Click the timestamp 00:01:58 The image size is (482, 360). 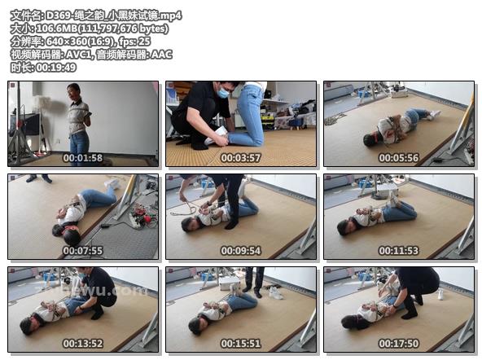pyautogui.click(x=83, y=158)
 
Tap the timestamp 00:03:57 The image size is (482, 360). pyautogui.click(x=241, y=158)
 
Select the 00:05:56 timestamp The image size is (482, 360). pyautogui.click(x=399, y=158)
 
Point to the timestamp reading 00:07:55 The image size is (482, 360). pyautogui.click(x=83, y=251)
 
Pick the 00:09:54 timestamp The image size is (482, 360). pyautogui.click(x=241, y=251)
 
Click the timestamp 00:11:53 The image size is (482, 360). pyautogui.click(x=399, y=251)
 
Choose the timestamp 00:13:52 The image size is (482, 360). pyautogui.click(x=83, y=344)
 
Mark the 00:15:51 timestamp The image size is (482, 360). pyautogui.click(x=241, y=344)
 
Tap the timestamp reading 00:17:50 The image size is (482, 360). pyautogui.click(x=399, y=344)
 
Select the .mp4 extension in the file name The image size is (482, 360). pyautogui.click(x=171, y=15)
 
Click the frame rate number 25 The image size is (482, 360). pyautogui.click(x=144, y=42)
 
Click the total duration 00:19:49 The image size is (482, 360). pyautogui.click(x=56, y=68)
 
